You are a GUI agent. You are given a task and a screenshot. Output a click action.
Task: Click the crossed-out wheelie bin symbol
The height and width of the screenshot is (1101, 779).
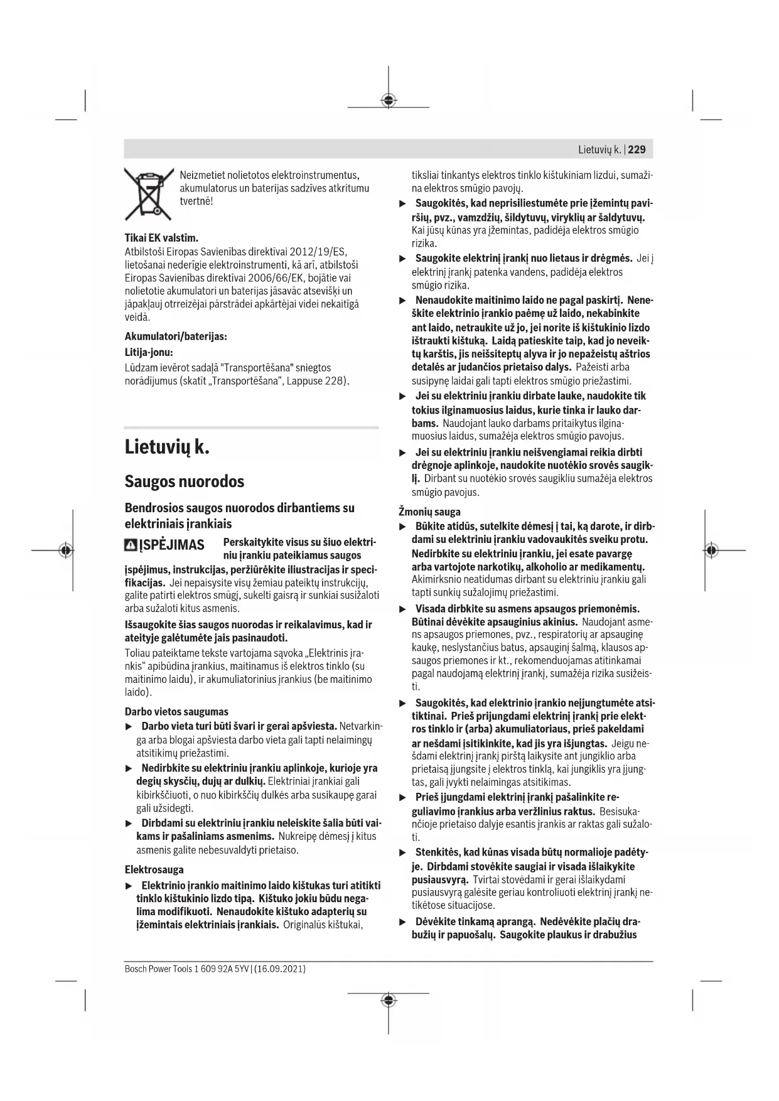pos(149,193)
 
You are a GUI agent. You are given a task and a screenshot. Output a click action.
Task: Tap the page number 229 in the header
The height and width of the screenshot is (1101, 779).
pos(637,149)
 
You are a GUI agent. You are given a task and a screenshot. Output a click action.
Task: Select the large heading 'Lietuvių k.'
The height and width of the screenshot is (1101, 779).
pos(166,448)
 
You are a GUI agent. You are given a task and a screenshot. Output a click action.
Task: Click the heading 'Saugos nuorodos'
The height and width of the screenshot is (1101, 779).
pos(184,481)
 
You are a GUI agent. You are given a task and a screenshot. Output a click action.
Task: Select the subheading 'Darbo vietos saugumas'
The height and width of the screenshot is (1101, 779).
pos(176,712)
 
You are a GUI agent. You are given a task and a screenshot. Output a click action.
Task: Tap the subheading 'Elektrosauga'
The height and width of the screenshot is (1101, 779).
pos(154,869)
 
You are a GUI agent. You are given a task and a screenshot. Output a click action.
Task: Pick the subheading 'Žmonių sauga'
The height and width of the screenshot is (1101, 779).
pos(429,512)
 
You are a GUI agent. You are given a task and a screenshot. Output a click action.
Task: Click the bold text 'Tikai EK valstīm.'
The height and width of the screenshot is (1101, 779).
pos(161,238)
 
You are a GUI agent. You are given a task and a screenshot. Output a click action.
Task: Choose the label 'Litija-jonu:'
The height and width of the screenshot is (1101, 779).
pos(149,352)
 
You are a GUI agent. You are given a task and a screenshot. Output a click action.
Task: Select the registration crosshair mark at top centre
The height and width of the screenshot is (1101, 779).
pos(389,100)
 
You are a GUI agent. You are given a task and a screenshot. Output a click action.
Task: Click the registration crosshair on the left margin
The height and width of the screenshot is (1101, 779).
pos(65,550)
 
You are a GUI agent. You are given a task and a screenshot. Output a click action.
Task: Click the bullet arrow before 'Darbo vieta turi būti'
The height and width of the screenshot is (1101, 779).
pos(129,727)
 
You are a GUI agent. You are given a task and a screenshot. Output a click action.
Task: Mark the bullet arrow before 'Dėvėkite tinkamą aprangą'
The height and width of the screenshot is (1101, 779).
pos(404,922)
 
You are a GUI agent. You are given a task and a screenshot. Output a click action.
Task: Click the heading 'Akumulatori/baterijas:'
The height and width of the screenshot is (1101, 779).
pos(176,336)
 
